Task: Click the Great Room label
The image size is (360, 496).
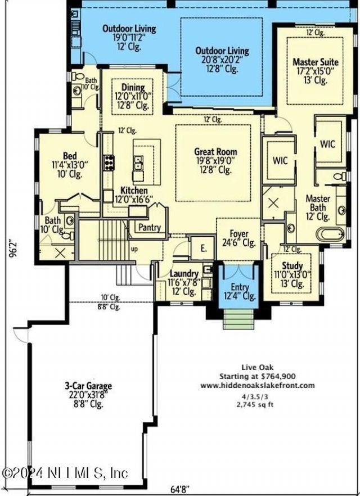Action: [x=215, y=152]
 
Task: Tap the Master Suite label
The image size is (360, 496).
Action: [x=310, y=61]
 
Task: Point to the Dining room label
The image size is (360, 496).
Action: [x=133, y=87]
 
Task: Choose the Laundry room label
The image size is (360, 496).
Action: [x=184, y=274]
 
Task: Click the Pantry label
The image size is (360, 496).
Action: [x=149, y=228]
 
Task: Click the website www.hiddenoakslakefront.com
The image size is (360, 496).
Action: [x=258, y=385]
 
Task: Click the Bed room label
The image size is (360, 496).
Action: [x=70, y=156]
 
